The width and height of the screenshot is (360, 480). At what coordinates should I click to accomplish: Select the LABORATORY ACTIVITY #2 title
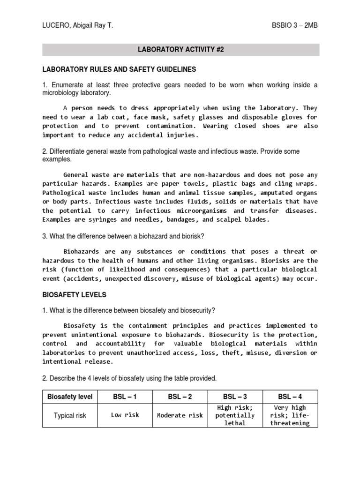[x=180, y=50]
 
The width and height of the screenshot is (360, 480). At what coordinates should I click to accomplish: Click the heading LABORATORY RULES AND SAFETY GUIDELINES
[x=119, y=69]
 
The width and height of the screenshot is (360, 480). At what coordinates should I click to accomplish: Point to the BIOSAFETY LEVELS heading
[x=75, y=295]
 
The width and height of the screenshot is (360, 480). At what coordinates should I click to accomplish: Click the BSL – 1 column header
[x=125, y=397]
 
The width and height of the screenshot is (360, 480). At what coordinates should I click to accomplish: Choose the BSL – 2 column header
[x=180, y=397]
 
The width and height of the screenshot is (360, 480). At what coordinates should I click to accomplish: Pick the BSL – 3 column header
[x=235, y=397]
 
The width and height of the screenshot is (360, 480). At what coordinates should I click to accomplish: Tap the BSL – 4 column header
[x=290, y=397]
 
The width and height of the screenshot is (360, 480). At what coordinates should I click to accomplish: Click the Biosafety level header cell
[x=70, y=397]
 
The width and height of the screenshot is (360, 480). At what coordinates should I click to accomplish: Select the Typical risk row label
[x=70, y=415]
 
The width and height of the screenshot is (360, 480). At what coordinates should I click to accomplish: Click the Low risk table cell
[x=125, y=415]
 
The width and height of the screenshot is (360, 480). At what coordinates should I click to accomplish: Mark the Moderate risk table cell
[x=180, y=415]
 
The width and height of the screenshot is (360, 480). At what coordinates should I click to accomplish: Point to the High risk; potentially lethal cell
[x=235, y=415]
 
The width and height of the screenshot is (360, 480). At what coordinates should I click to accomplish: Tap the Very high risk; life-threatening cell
[x=290, y=415]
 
